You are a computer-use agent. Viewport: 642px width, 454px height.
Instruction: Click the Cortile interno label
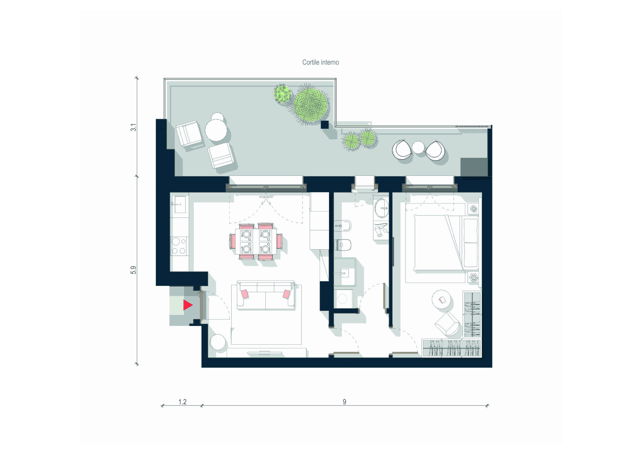click(x=320, y=62)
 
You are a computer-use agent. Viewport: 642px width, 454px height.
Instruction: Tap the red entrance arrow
click(x=188, y=305)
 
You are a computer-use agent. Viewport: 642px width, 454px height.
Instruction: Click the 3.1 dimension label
click(x=133, y=127)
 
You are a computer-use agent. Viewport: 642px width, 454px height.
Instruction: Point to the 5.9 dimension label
click(x=133, y=270)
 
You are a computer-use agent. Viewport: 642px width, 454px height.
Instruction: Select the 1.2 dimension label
click(x=182, y=402)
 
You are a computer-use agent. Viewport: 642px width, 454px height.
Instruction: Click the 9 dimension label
click(x=345, y=402)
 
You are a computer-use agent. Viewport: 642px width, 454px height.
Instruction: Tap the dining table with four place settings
click(x=256, y=241)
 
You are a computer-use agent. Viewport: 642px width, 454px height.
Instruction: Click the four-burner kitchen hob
click(x=179, y=246)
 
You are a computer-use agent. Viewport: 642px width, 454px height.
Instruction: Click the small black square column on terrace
click(x=325, y=125)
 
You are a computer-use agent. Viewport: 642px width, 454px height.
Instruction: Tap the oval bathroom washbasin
click(x=381, y=208)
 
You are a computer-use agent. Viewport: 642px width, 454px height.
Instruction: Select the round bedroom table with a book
click(x=441, y=299)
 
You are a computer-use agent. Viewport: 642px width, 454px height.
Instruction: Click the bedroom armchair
click(x=447, y=324)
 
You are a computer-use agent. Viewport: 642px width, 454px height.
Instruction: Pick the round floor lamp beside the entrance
click(x=218, y=342)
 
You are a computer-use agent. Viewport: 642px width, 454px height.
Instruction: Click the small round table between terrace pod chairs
click(x=418, y=147)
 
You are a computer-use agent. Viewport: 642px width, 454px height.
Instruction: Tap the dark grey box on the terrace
click(x=474, y=167)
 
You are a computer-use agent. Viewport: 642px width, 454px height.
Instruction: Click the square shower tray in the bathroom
click(x=345, y=272)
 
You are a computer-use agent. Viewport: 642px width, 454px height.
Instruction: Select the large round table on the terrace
click(x=216, y=130)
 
